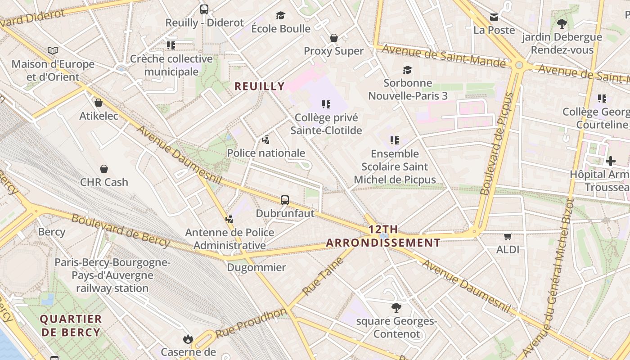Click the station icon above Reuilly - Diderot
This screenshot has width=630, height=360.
click(x=204, y=9)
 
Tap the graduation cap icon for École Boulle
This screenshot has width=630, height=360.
click(x=281, y=15)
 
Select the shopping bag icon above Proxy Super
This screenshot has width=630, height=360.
click(x=334, y=38)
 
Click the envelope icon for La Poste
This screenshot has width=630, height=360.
click(x=494, y=17)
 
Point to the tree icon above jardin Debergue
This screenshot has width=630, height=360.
click(x=562, y=23)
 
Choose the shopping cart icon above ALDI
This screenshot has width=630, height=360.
click(x=508, y=236)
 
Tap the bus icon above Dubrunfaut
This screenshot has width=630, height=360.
click(x=285, y=200)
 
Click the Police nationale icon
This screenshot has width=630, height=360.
click(x=266, y=140)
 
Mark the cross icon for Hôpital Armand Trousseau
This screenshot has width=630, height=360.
click(x=611, y=161)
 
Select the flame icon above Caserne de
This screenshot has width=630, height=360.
click(x=188, y=339)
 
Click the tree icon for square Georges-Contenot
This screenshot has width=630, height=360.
click(x=396, y=308)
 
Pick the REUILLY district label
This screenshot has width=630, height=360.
click(x=260, y=86)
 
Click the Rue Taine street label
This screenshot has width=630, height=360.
click(x=323, y=276)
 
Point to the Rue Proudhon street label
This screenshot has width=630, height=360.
click(x=251, y=323)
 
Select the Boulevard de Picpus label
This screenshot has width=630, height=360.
click(x=497, y=143)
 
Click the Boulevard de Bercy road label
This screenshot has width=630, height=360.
click(x=121, y=231)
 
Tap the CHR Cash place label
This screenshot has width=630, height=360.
click(x=104, y=182)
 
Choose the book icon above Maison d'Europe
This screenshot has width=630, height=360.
click(x=53, y=51)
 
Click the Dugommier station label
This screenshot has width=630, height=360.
click(x=256, y=268)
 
